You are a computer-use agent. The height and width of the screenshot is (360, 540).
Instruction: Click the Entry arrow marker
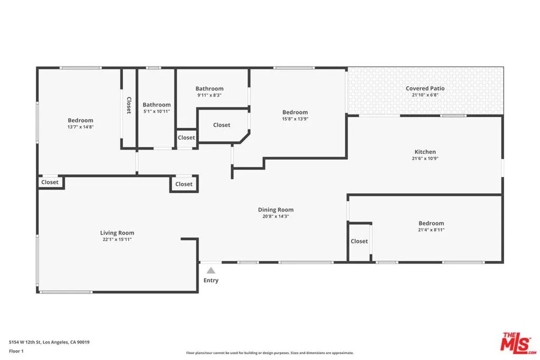(210, 270)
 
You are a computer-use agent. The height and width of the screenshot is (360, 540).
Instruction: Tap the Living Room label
(117, 233)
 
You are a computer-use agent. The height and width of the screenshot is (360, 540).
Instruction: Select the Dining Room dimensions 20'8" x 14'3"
(276, 217)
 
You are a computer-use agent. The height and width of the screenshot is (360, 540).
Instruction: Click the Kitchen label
(425, 152)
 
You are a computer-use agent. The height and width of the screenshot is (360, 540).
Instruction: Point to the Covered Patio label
(425, 89)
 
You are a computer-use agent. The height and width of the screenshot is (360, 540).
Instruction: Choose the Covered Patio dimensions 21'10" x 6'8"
(425, 95)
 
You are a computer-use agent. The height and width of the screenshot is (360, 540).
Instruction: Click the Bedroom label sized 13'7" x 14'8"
(80, 120)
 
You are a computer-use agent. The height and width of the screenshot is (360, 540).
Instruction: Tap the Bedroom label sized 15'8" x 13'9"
(295, 112)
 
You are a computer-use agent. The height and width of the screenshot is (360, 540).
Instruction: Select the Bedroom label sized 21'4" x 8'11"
(431, 223)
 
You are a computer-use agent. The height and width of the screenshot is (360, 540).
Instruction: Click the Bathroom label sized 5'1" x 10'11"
(157, 105)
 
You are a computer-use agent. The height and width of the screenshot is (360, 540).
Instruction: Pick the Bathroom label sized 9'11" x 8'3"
(209, 89)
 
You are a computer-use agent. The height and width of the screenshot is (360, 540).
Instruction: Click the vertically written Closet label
(128, 105)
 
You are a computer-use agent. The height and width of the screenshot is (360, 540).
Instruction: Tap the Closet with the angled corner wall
(221, 125)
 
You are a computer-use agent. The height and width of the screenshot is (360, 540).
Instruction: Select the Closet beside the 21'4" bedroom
(359, 241)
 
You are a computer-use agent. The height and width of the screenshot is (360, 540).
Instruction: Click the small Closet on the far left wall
(50, 182)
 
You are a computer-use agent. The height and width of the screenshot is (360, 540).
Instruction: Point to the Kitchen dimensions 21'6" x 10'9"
(425, 159)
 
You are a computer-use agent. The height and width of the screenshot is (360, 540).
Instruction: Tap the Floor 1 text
(17, 351)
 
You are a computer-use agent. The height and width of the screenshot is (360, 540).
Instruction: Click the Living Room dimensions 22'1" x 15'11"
(117, 240)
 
